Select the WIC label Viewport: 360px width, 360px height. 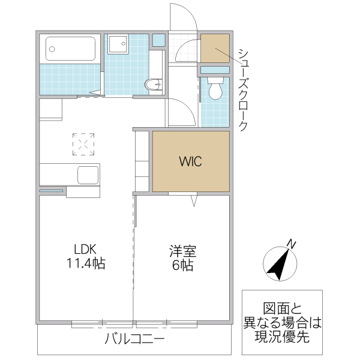coord(190,161)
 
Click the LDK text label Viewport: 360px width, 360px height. coord(86,250)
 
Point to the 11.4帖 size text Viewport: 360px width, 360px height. coord(86,264)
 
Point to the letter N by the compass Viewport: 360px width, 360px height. coord(291,244)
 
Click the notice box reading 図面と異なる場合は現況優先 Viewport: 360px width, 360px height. coord(282,322)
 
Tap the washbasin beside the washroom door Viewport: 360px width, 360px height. coord(155,85)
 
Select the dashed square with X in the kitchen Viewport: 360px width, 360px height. coord(83,143)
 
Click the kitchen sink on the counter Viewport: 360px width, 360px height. coord(88,175)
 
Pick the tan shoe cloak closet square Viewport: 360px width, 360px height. coord(214,49)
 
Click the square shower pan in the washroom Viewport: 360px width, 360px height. coord(118,44)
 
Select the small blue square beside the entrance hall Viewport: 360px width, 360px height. coord(158,41)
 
